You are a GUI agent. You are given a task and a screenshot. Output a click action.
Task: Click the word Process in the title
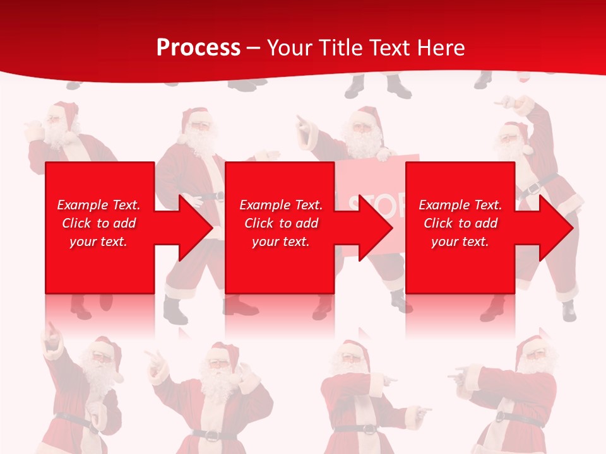coord(198,48)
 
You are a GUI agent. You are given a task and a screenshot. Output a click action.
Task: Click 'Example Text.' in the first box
coord(98,205)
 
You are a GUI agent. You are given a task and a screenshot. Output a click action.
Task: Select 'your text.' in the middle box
coord(280,242)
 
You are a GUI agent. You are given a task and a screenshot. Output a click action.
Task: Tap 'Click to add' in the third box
coord(460,223)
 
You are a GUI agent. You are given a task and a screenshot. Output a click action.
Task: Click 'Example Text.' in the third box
coord(460,205)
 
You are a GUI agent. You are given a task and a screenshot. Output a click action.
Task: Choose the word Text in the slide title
coord(388,48)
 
